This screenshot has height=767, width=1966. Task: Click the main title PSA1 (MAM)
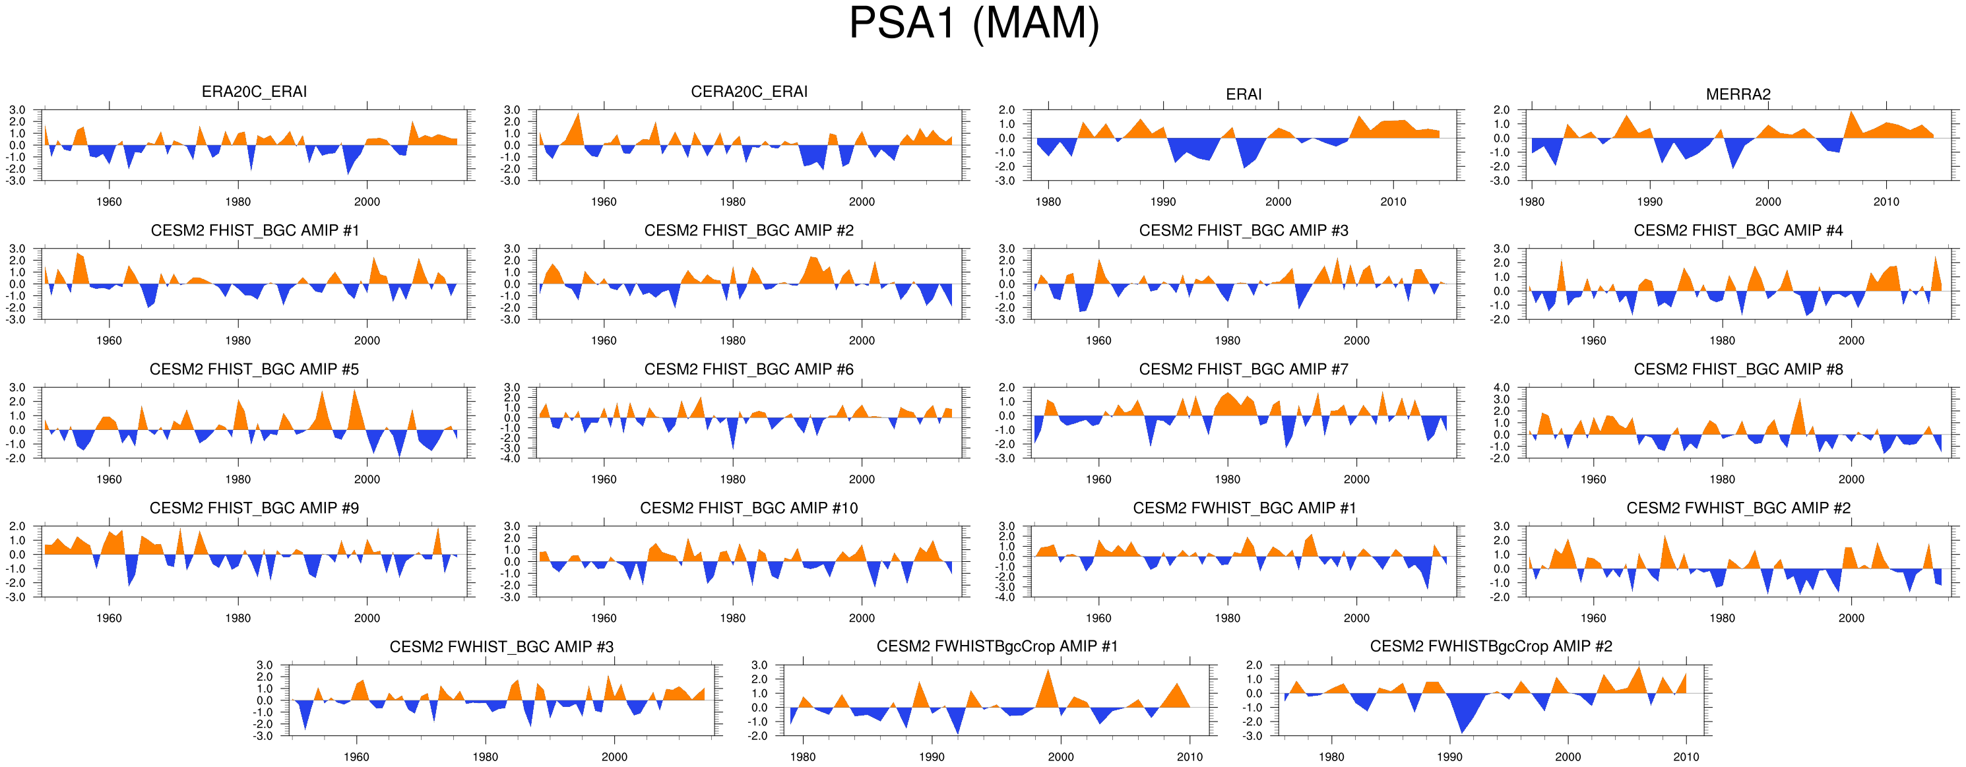click(974, 23)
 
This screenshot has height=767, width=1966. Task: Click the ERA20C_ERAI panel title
click(254, 92)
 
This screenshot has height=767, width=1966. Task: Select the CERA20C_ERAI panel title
click(749, 92)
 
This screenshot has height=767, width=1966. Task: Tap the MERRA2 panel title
click(1738, 94)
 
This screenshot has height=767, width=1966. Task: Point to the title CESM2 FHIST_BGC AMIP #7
click(1243, 369)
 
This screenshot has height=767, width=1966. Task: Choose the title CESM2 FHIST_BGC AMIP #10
click(749, 508)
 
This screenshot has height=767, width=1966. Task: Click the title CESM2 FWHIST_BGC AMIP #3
click(501, 647)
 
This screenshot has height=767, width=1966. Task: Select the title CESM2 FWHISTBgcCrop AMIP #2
click(1490, 646)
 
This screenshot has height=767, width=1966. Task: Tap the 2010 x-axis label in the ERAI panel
click(1393, 202)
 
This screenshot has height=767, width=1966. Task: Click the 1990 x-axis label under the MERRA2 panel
click(1649, 202)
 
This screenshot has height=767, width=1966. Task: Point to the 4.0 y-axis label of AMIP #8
click(1501, 388)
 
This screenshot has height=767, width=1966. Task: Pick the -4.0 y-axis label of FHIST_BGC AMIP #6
click(511, 458)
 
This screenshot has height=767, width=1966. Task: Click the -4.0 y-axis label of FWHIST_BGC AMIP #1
click(1007, 598)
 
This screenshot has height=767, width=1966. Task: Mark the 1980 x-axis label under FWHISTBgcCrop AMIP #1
click(802, 757)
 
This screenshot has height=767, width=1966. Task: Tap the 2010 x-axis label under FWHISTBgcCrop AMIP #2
click(1686, 757)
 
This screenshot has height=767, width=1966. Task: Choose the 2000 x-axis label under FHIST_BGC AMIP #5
click(367, 479)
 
